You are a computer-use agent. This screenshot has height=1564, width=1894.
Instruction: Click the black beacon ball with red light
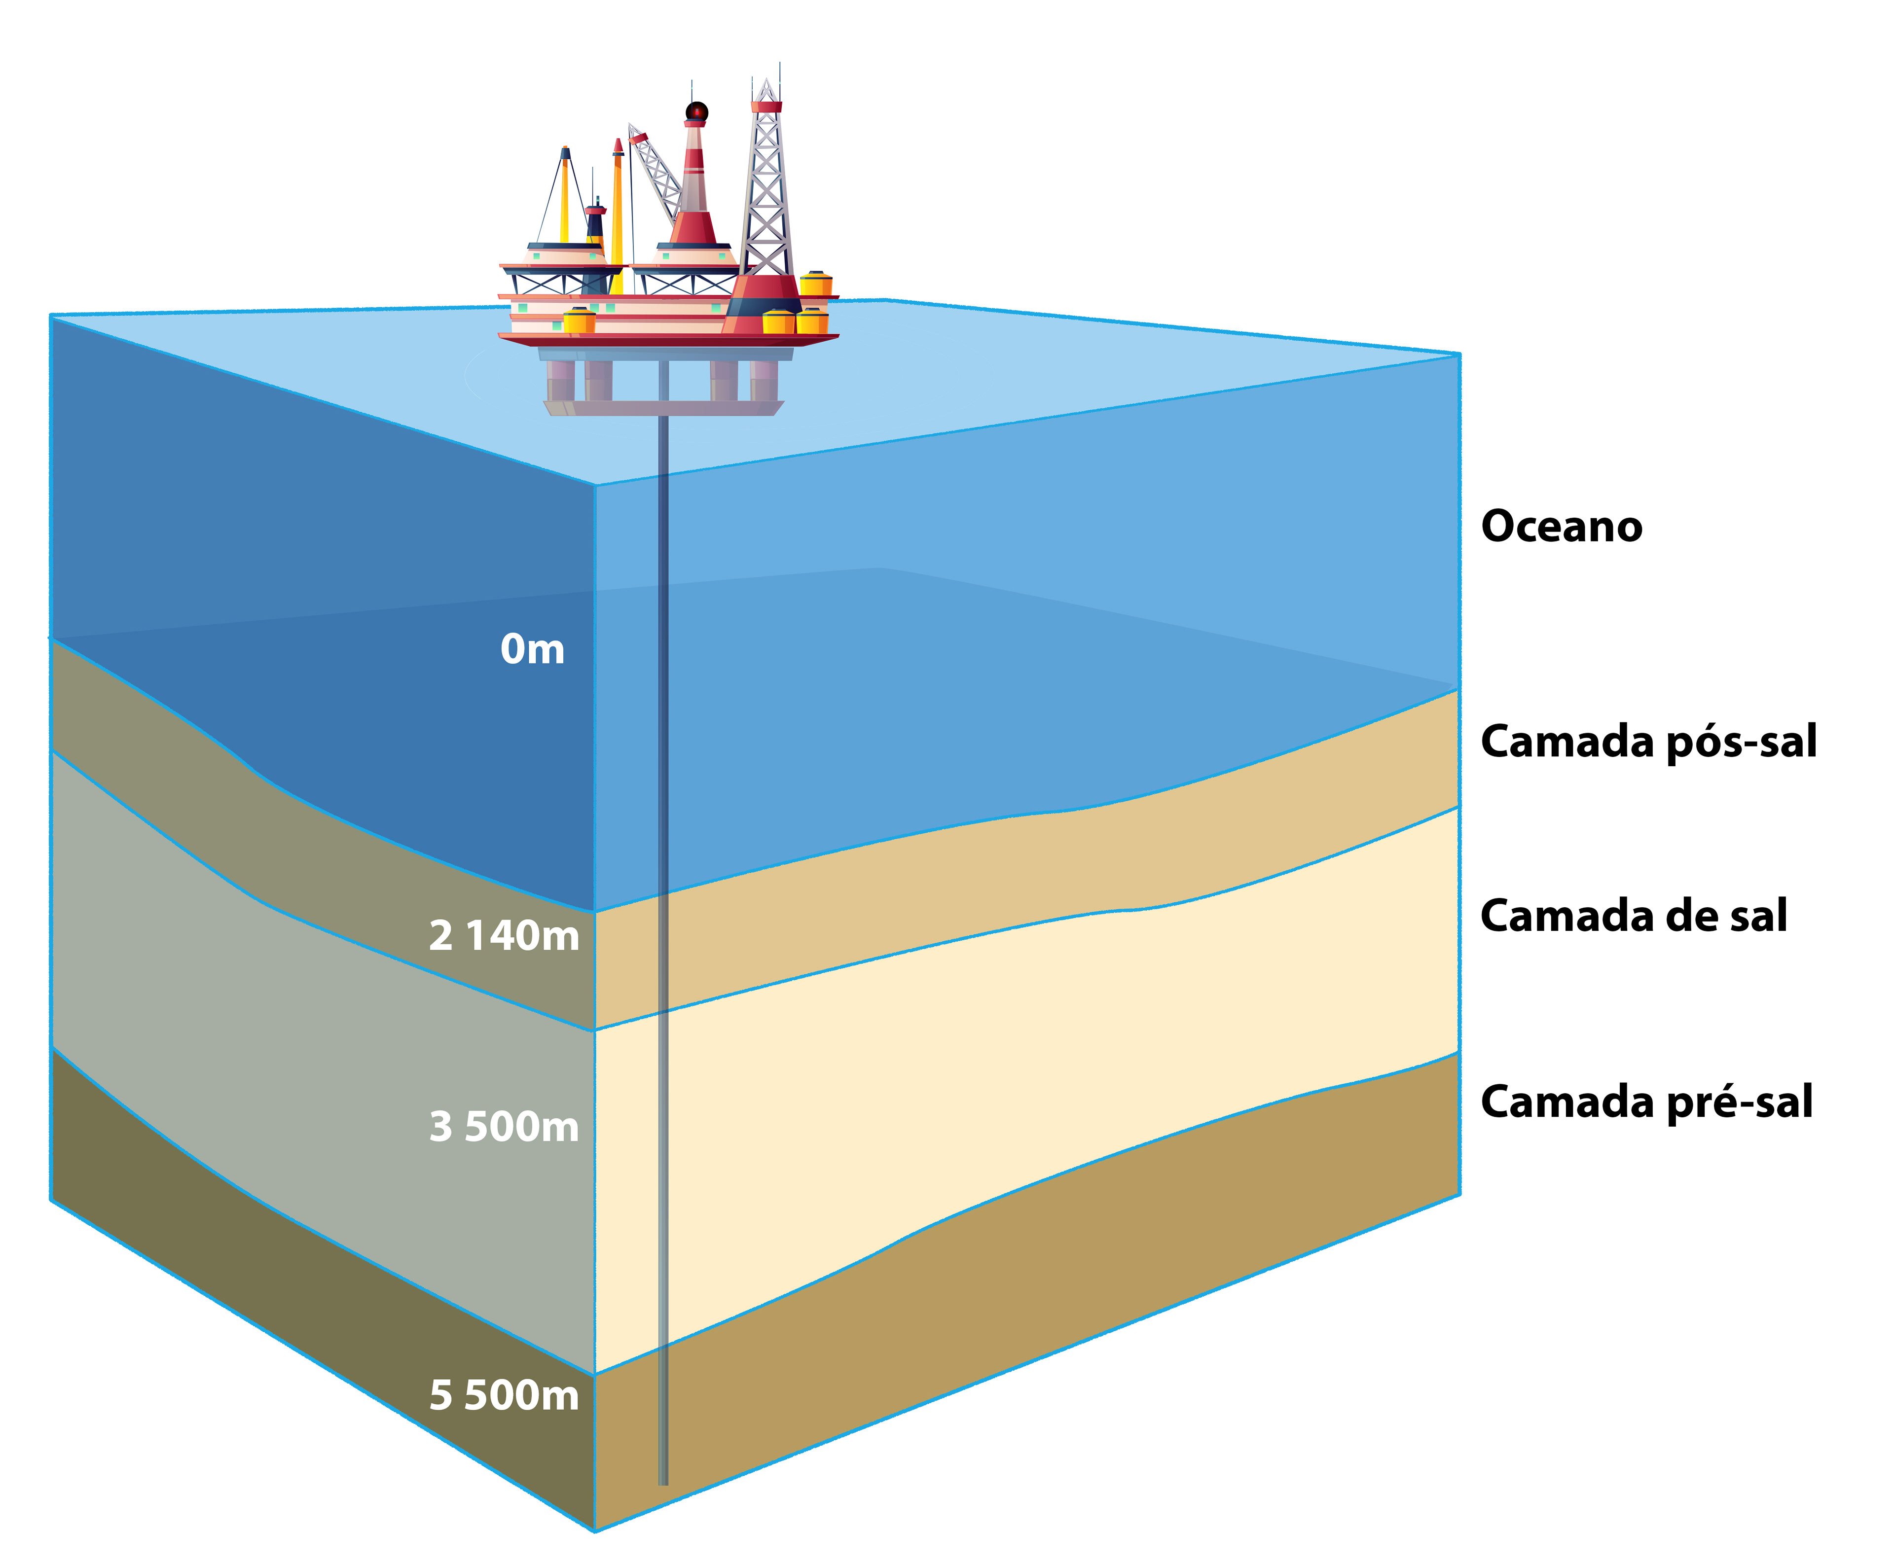coord(696,112)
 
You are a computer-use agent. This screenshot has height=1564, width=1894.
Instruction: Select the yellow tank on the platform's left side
coord(579,320)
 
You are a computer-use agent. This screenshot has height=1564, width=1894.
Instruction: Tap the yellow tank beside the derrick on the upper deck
coord(815,284)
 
